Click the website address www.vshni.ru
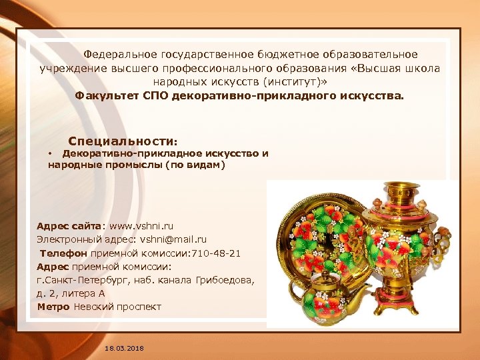click(141, 226)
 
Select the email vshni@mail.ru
click(173, 239)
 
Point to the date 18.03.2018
click(124, 349)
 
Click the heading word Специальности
click(121, 142)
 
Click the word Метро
click(53, 307)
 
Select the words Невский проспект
click(117, 307)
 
